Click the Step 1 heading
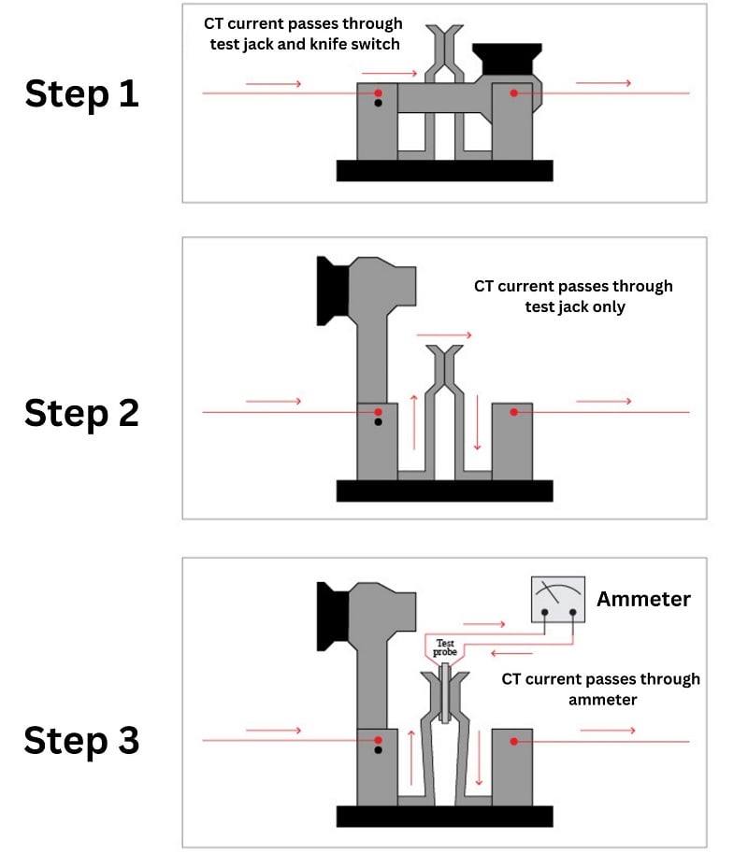pyautogui.click(x=81, y=93)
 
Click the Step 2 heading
pyautogui.click(x=81, y=412)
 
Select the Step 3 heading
pyautogui.click(x=81, y=740)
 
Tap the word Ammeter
pyautogui.click(x=643, y=598)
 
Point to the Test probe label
pyautogui.click(x=444, y=647)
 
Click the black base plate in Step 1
pyautogui.click(x=444, y=170)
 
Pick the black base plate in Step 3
pyautogui.click(x=444, y=816)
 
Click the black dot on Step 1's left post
pyautogui.click(x=378, y=104)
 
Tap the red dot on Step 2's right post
pyautogui.click(x=513, y=412)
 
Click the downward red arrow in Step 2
pyautogui.click(x=478, y=422)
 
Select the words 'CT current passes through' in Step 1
pyautogui.click(x=303, y=23)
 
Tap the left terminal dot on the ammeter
pyautogui.click(x=543, y=612)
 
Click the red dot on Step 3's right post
pyautogui.click(x=513, y=741)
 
